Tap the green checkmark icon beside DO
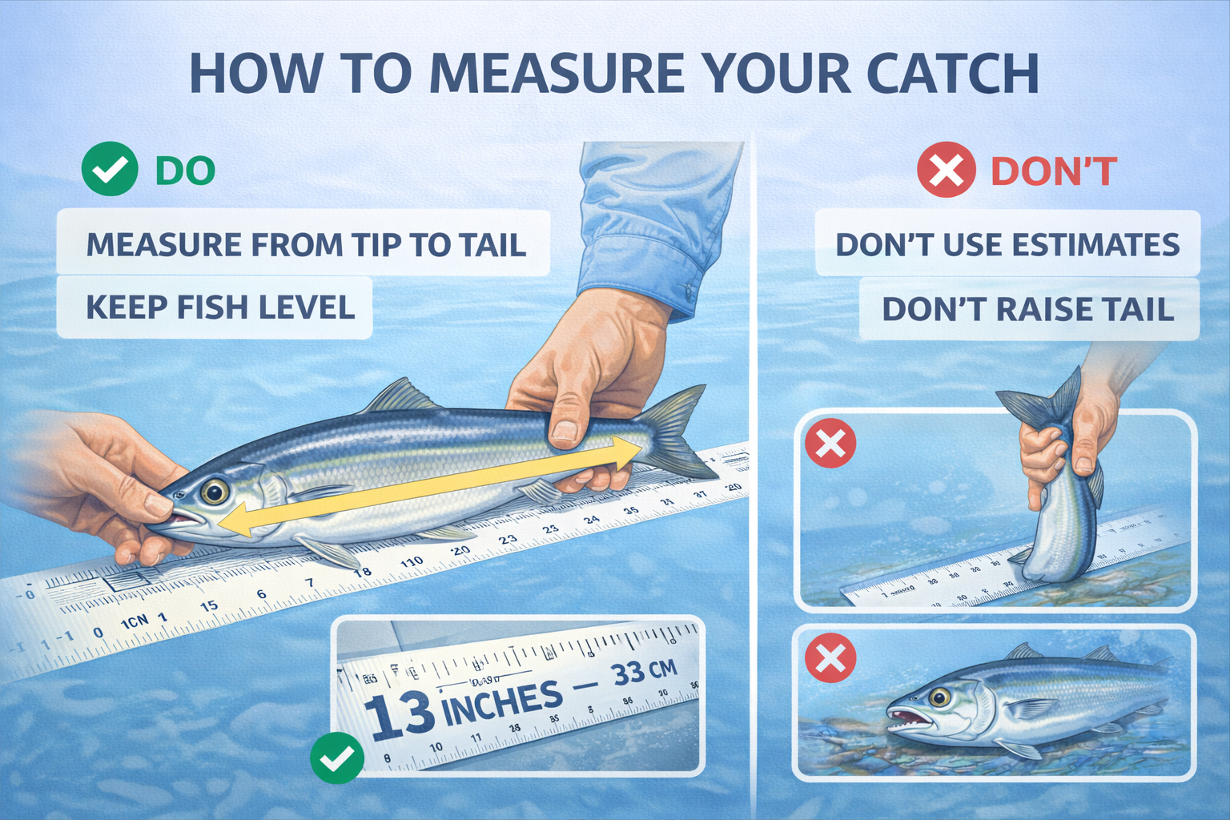click(110, 169)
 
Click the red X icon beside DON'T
click(946, 171)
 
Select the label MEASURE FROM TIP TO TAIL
click(305, 244)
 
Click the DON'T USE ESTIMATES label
click(1007, 244)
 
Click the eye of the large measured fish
click(214, 491)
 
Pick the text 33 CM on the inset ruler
click(644, 671)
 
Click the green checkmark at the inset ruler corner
click(337, 758)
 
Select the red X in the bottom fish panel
click(830, 658)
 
